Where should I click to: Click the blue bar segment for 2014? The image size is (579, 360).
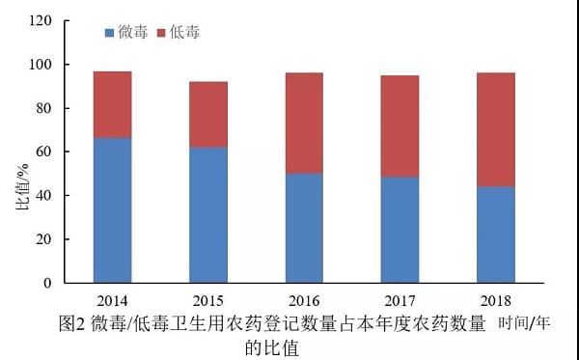(113, 210)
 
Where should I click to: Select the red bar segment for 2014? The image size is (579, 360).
(113, 105)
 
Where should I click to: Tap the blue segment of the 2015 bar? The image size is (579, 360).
(208, 215)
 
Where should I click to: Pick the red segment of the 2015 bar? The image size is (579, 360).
(208, 115)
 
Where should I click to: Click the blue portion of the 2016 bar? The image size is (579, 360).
(304, 228)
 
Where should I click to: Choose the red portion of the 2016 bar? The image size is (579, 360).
(304, 124)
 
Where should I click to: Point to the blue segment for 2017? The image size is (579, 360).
(400, 230)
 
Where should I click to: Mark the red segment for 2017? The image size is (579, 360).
(400, 126)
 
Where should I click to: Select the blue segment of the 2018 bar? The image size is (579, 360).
(496, 235)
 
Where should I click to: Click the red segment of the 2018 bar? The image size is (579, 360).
(496, 129)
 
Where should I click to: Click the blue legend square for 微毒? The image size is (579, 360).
(109, 33)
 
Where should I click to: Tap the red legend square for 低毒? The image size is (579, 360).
(161, 33)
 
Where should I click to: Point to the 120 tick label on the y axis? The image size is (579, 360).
(41, 20)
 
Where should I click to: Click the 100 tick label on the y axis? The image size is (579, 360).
(41, 65)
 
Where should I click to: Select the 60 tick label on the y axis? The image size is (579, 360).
(44, 152)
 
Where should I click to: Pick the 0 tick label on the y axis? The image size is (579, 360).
(47, 283)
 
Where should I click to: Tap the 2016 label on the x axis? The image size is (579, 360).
(304, 301)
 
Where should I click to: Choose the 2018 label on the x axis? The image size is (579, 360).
(496, 301)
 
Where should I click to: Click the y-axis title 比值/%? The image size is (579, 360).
(22, 187)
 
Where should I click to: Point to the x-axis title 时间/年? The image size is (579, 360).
(524, 323)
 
